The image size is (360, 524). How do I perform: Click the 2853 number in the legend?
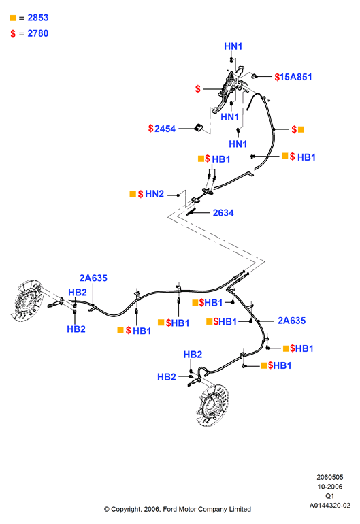pos(38,18)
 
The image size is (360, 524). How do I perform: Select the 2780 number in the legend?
pos(38,33)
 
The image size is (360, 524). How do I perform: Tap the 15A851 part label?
pos(296,77)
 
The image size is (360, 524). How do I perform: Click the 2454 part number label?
pos(165,129)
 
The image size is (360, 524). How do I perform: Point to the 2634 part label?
pos(223,213)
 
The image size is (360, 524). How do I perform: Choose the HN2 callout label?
pos(154,194)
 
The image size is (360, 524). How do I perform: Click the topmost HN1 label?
pos(233,46)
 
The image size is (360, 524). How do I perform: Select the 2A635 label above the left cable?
pos(93,278)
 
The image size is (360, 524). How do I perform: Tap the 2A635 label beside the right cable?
pos(292,321)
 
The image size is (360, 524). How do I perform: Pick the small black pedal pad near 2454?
pos(199,127)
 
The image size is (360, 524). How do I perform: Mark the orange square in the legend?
pos(13,18)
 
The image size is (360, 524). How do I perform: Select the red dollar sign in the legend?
pos(13,34)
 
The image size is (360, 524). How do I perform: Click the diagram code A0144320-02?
pos(330,505)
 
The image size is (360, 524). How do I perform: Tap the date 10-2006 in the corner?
pos(330,487)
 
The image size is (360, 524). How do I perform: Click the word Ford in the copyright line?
pos(170,509)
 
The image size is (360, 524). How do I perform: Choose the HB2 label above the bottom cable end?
pos(193,355)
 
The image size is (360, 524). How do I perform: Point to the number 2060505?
pos(330,477)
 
